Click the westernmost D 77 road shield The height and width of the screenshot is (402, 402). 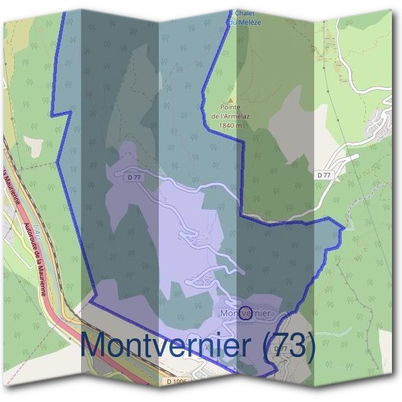tap(133, 177)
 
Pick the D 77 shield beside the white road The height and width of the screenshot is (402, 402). tap(324, 174)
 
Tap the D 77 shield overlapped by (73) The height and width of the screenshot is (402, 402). tap(281, 349)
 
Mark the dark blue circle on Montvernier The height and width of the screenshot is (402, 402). tap(246, 313)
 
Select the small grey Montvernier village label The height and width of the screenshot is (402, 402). tap(245, 313)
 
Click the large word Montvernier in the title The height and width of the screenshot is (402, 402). tap(167, 346)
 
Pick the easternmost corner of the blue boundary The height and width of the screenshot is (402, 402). tap(343, 228)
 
